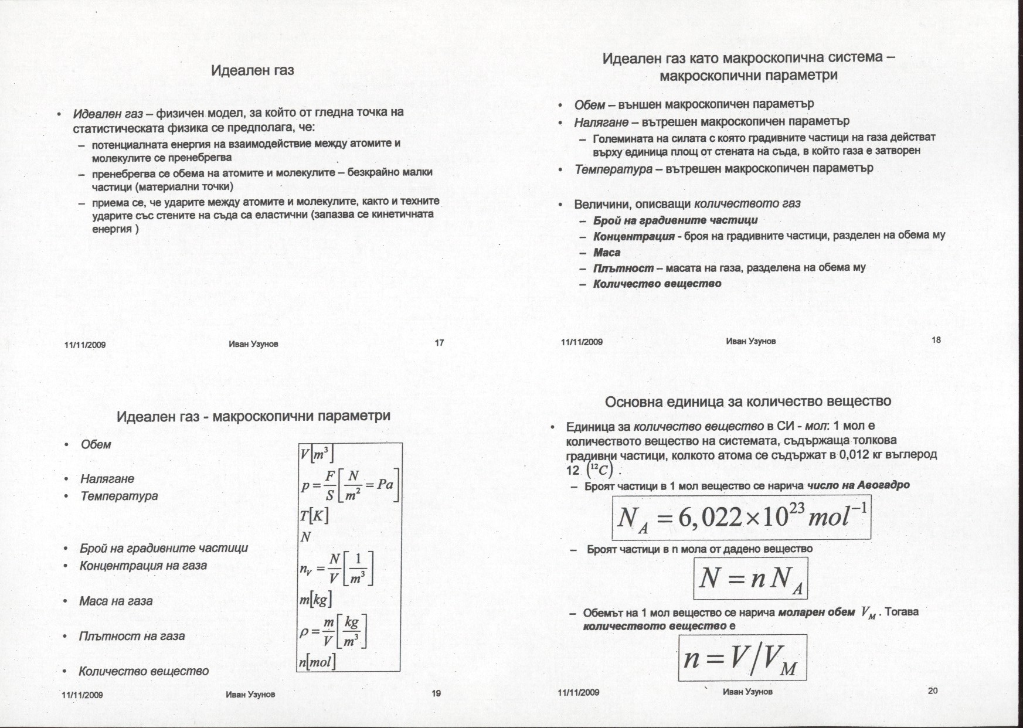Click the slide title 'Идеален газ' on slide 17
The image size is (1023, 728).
[252, 71]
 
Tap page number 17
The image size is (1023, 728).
[439, 343]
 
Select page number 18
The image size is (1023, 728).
[936, 340]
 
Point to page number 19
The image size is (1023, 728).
[436, 693]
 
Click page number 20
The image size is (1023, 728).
[933, 690]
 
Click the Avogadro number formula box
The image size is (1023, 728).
[741, 518]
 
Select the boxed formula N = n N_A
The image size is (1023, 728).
[750, 579]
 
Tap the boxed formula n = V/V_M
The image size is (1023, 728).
[742, 658]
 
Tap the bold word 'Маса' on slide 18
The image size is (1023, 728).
[607, 253]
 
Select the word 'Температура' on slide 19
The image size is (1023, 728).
[119, 496]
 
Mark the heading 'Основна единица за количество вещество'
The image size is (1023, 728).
[747, 402]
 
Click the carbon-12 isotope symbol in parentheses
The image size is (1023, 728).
[602, 470]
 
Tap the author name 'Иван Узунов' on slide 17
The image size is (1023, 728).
[253, 344]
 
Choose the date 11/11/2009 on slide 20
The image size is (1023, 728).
[578, 692]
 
